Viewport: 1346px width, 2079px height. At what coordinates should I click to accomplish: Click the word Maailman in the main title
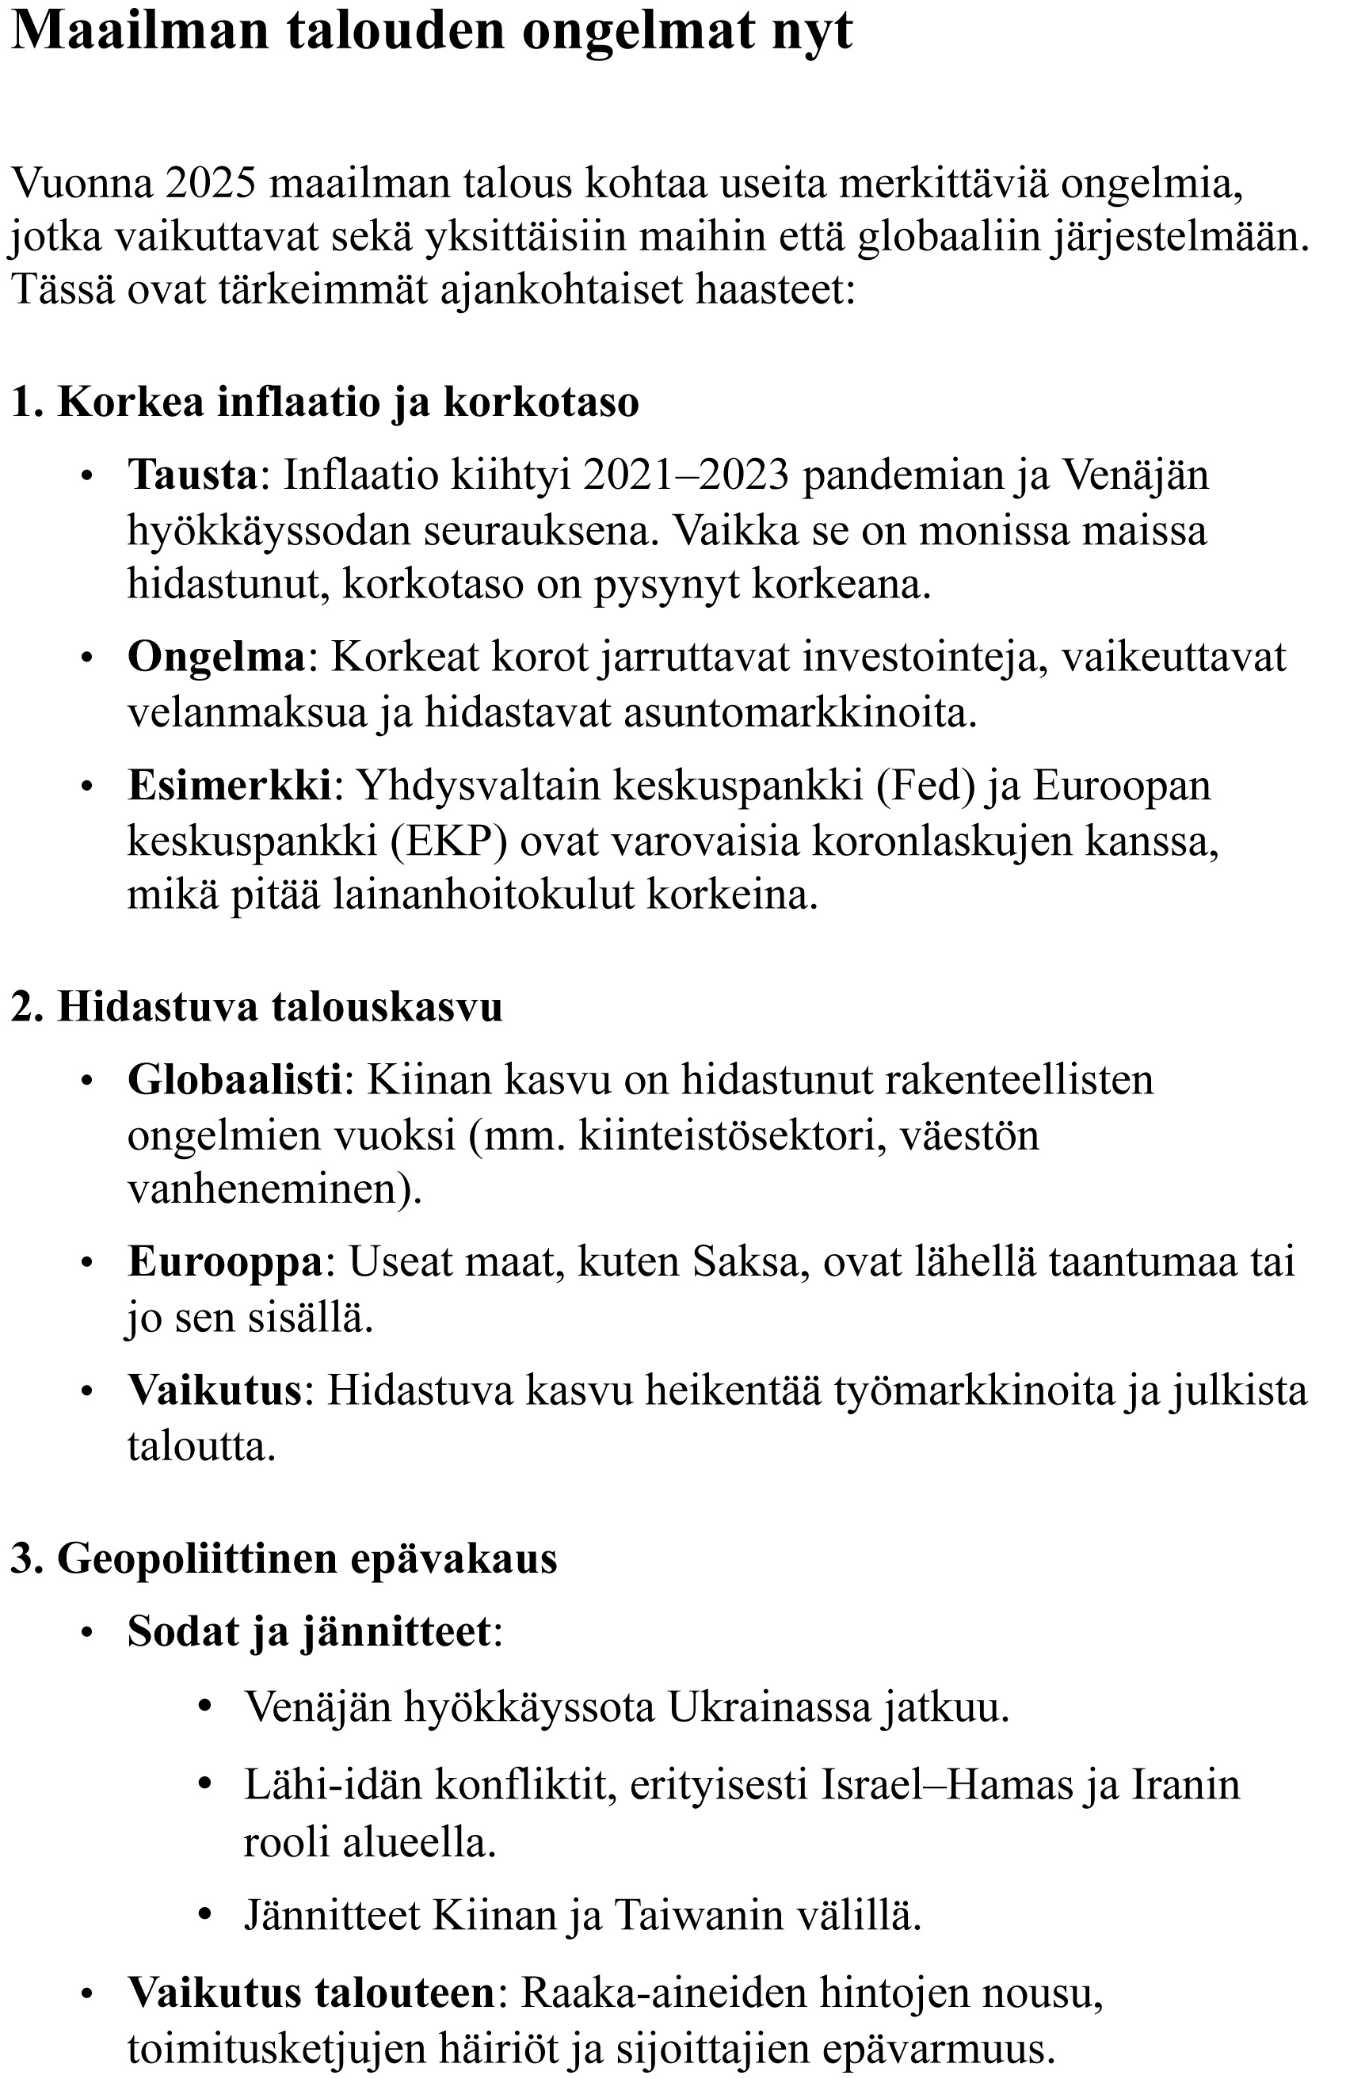point(139,32)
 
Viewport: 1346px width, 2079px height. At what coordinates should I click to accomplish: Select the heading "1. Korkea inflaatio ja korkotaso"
point(325,402)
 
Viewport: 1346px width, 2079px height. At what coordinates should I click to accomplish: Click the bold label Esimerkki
point(229,785)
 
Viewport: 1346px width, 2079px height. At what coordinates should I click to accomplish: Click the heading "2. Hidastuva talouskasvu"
point(257,1006)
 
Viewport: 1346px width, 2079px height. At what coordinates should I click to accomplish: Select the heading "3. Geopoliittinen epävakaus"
point(284,1558)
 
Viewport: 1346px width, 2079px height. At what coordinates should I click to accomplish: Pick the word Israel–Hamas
point(946,1784)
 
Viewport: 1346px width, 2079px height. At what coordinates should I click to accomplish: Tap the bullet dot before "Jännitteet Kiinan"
point(205,1916)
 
